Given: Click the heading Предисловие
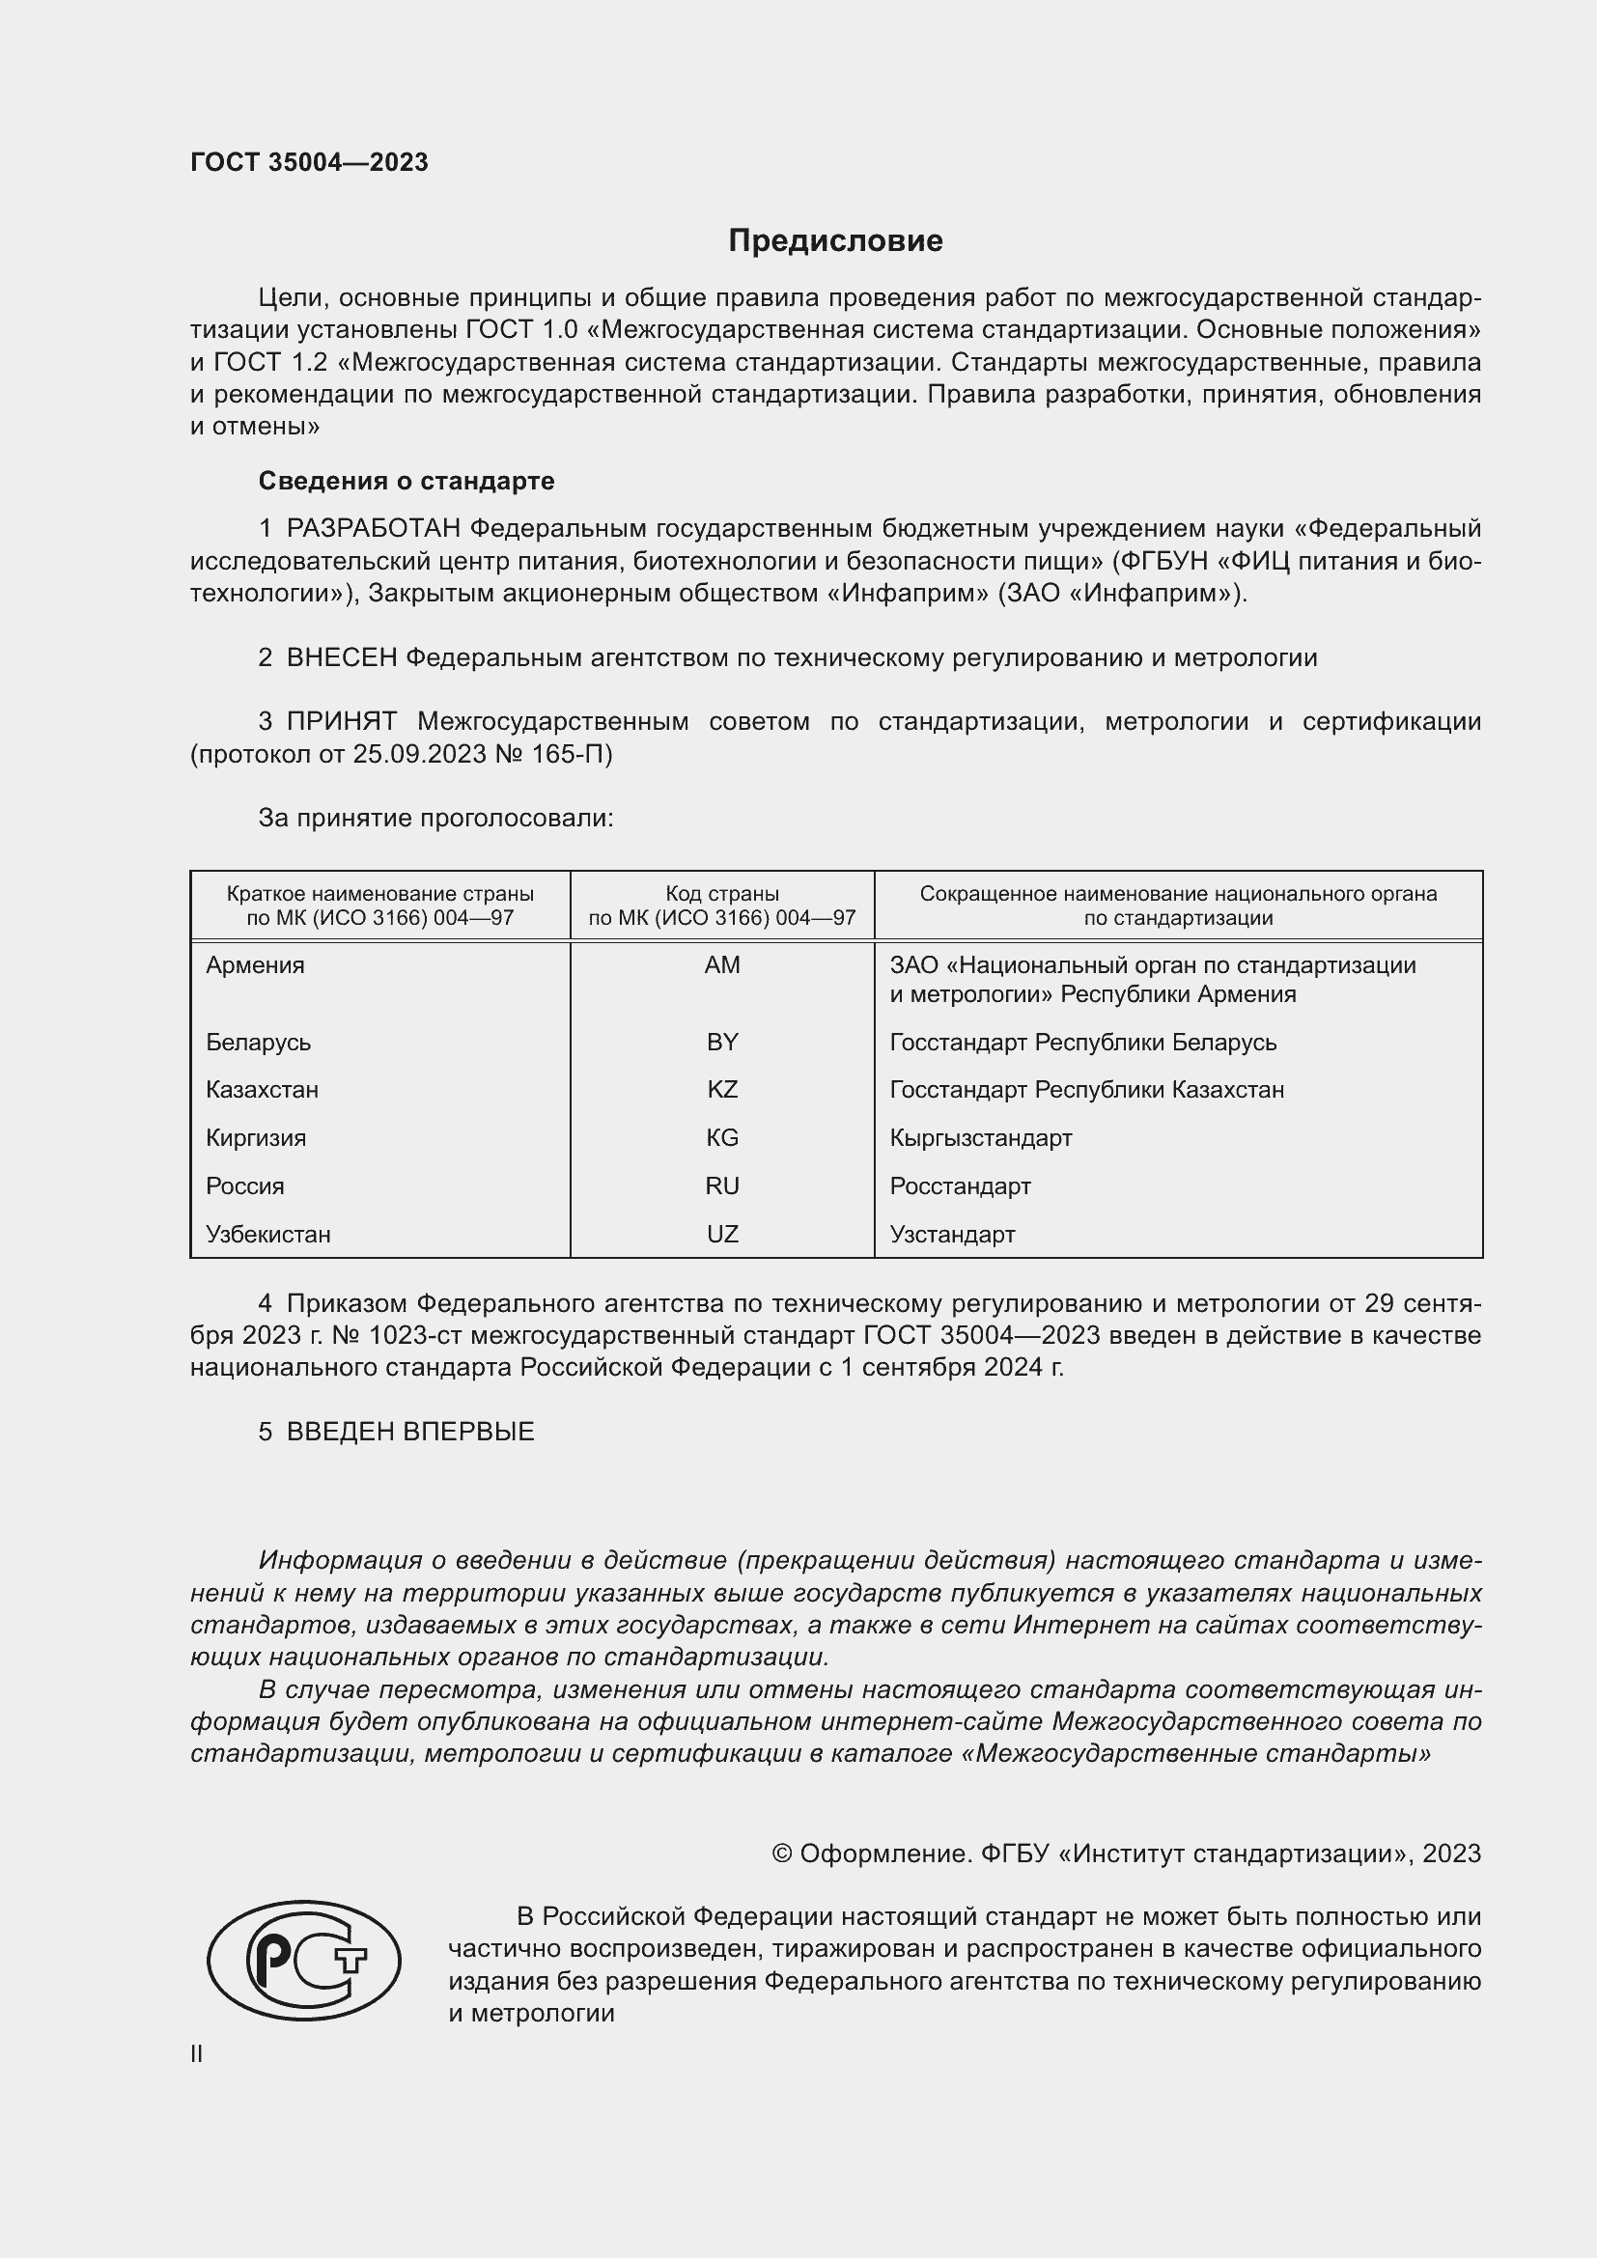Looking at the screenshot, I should click(835, 241).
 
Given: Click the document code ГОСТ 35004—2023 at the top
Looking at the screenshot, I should click(309, 162).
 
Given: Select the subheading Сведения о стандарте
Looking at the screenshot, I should click(406, 481).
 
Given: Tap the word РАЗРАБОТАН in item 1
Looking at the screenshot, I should click(374, 529).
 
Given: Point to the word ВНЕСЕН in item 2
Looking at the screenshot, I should click(341, 658).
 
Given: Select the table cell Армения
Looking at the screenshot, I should click(256, 964).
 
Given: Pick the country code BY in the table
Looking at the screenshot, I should click(722, 1042).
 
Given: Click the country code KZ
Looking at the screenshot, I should click(722, 1090).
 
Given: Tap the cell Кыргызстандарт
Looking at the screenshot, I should click(980, 1138).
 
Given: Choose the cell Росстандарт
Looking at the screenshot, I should click(960, 1186).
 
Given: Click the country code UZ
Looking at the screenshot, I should click(722, 1235).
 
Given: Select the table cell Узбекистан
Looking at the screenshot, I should click(268, 1235).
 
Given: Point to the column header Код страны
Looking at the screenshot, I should click(722, 894).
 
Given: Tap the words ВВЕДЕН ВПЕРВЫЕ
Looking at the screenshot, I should click(410, 1432).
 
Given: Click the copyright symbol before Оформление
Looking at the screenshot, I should click(782, 1854).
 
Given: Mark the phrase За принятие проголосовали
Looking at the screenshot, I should click(435, 819).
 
